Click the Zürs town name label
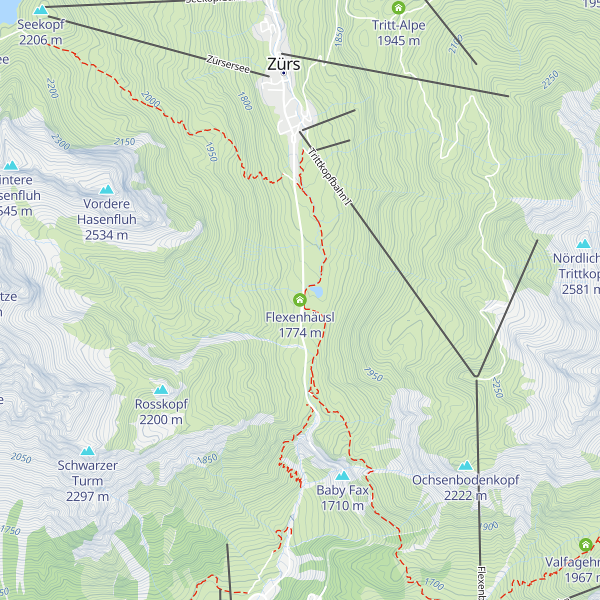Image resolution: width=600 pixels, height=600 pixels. (x=283, y=64)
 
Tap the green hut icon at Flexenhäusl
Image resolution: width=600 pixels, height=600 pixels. (x=299, y=300)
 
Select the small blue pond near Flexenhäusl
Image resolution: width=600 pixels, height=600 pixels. (x=316, y=291)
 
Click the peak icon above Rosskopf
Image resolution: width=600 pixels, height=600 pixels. (x=161, y=389)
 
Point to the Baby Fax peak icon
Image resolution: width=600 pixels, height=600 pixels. (x=342, y=475)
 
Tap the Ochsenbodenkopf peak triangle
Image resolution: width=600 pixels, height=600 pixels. (x=465, y=466)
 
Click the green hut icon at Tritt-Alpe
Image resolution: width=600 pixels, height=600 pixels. (x=398, y=8)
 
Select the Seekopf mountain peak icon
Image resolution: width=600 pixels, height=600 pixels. (x=40, y=9)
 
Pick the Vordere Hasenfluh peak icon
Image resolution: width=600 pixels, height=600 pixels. (x=106, y=189)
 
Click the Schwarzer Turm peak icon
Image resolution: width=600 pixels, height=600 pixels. (x=87, y=451)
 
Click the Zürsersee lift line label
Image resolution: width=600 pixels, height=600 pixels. (x=228, y=64)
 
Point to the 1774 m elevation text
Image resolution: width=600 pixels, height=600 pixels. (x=300, y=333)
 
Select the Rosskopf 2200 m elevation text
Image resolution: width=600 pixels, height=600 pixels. (x=161, y=420)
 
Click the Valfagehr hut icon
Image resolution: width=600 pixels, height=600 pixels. (x=585, y=544)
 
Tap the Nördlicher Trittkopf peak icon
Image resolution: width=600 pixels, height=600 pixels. (x=583, y=244)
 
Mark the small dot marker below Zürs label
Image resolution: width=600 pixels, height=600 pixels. (x=283, y=73)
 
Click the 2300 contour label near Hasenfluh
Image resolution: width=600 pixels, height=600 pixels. (x=60, y=141)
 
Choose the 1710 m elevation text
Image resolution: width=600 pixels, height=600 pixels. (x=342, y=506)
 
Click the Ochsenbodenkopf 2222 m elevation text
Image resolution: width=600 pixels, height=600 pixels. (x=465, y=495)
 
